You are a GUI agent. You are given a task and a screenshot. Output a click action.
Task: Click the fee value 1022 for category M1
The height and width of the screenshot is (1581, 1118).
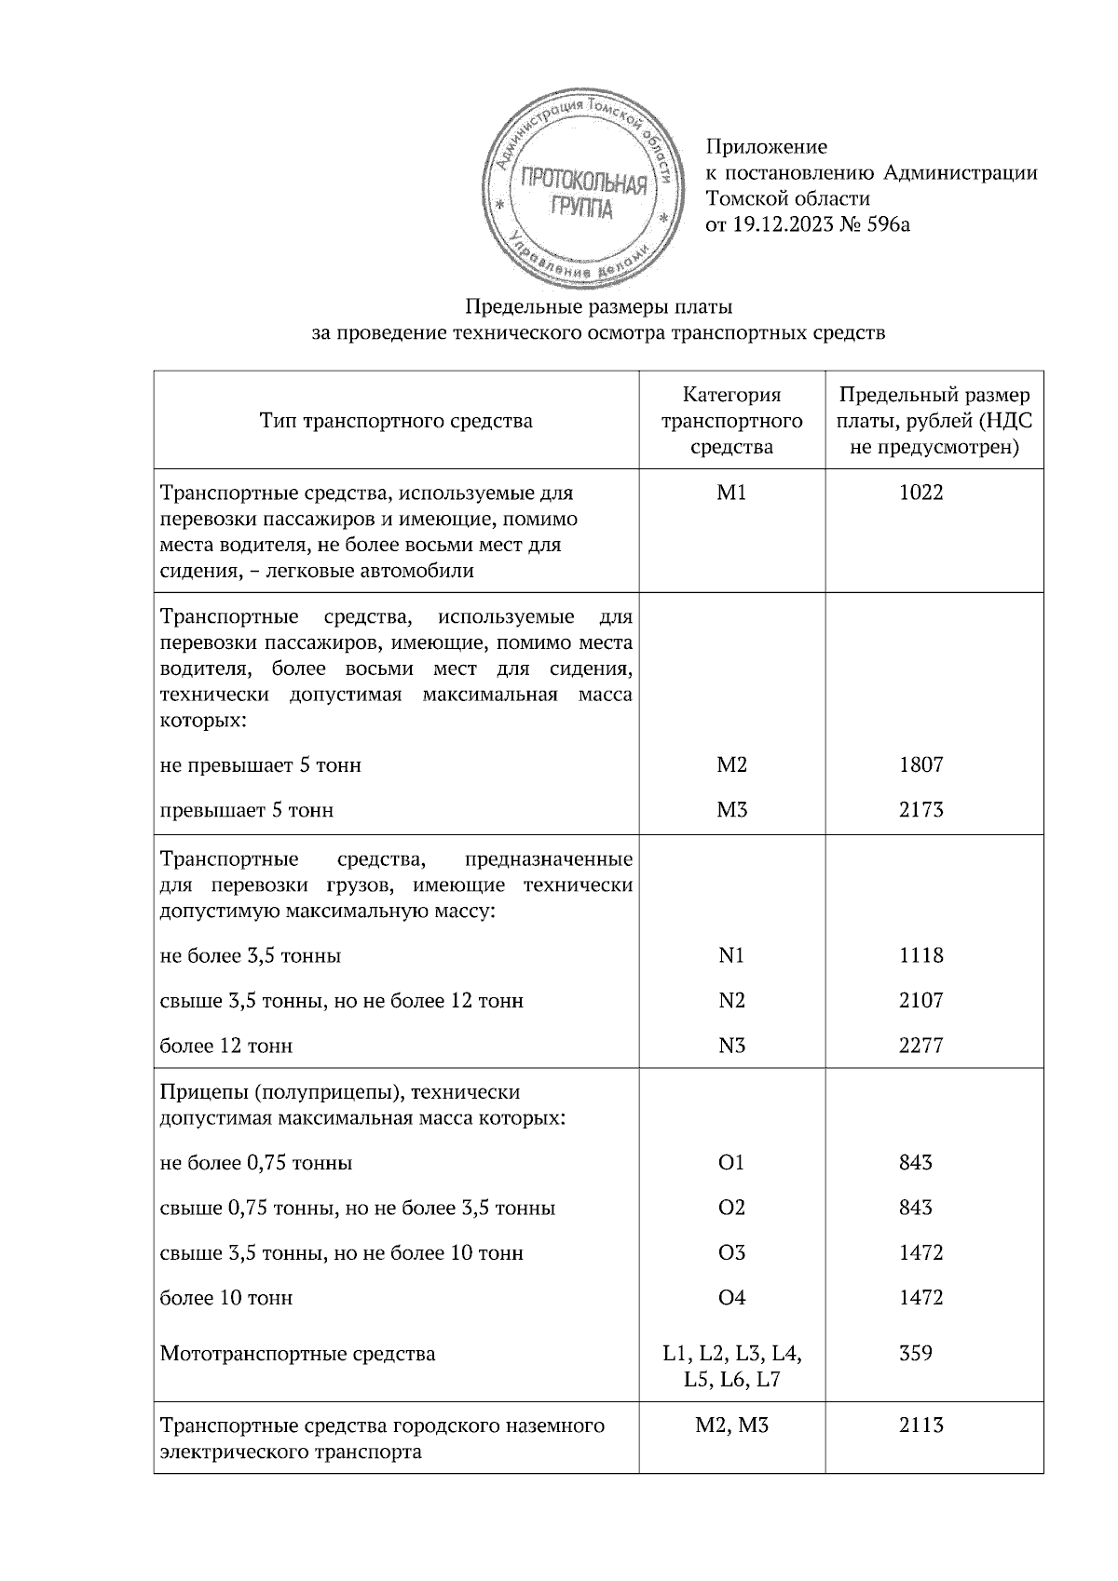[920, 493]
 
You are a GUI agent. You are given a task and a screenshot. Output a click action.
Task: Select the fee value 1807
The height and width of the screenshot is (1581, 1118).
[920, 765]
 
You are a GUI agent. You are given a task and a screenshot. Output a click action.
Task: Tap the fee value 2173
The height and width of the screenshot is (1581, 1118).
[920, 810]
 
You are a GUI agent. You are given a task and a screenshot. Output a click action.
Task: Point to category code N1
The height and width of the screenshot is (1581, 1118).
[731, 956]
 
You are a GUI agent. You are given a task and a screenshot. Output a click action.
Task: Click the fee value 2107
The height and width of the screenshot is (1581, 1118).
[920, 1001]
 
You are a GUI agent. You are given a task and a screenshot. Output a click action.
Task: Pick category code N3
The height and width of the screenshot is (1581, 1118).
[731, 1046]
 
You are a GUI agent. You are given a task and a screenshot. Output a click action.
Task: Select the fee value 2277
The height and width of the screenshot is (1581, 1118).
[920, 1046]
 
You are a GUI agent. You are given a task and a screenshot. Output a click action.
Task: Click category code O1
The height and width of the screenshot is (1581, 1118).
[731, 1163]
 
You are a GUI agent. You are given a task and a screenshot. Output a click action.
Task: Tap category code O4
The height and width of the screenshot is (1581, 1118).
[731, 1298]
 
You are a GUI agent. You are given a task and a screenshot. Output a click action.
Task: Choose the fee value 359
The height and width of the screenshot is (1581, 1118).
[916, 1353]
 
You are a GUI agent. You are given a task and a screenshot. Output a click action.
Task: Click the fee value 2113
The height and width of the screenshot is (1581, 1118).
[920, 1426]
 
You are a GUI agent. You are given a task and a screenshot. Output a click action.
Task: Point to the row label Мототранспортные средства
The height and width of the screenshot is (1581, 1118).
[297, 1354]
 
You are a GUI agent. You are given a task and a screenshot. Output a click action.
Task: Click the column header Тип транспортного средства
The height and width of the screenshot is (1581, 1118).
[396, 422]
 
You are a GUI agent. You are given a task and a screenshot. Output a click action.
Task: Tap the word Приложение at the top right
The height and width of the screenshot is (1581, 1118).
[766, 146]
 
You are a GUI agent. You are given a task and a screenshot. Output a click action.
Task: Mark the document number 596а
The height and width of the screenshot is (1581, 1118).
[885, 224]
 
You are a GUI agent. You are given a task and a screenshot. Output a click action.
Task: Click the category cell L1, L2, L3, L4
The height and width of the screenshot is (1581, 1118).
[731, 1354]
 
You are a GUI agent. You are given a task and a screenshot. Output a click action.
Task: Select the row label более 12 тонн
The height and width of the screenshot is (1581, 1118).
[226, 1047]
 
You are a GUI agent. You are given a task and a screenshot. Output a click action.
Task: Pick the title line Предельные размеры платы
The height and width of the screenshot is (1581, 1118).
[599, 306]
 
